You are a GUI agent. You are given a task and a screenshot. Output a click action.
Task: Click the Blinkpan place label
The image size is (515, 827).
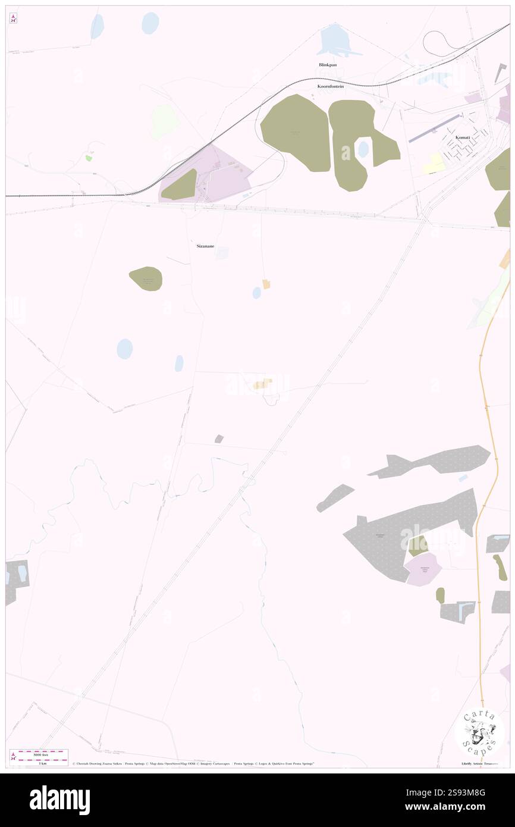(328, 64)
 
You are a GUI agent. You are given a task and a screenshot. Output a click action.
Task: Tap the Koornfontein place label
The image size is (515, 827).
(330, 86)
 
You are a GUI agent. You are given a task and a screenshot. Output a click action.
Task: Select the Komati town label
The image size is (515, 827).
(463, 137)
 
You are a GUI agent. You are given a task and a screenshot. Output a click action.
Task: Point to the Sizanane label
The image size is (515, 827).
(206, 245)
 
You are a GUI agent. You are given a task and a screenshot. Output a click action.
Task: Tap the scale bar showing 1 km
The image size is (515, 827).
(42, 758)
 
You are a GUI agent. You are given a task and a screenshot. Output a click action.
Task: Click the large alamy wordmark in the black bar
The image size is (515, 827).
(59, 800)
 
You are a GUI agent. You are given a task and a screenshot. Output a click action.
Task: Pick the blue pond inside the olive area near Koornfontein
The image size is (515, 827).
(362, 149)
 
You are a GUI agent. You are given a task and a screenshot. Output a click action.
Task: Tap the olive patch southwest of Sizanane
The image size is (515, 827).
(146, 278)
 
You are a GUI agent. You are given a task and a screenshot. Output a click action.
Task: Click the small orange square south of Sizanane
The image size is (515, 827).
(266, 284)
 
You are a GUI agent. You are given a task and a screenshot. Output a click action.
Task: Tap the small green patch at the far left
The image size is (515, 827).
(89, 158)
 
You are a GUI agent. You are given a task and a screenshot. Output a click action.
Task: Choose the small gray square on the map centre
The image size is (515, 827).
(219, 439)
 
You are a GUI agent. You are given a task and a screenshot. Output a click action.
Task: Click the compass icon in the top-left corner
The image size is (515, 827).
(13, 18)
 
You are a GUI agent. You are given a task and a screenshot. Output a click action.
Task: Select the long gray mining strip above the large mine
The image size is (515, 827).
(434, 461)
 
